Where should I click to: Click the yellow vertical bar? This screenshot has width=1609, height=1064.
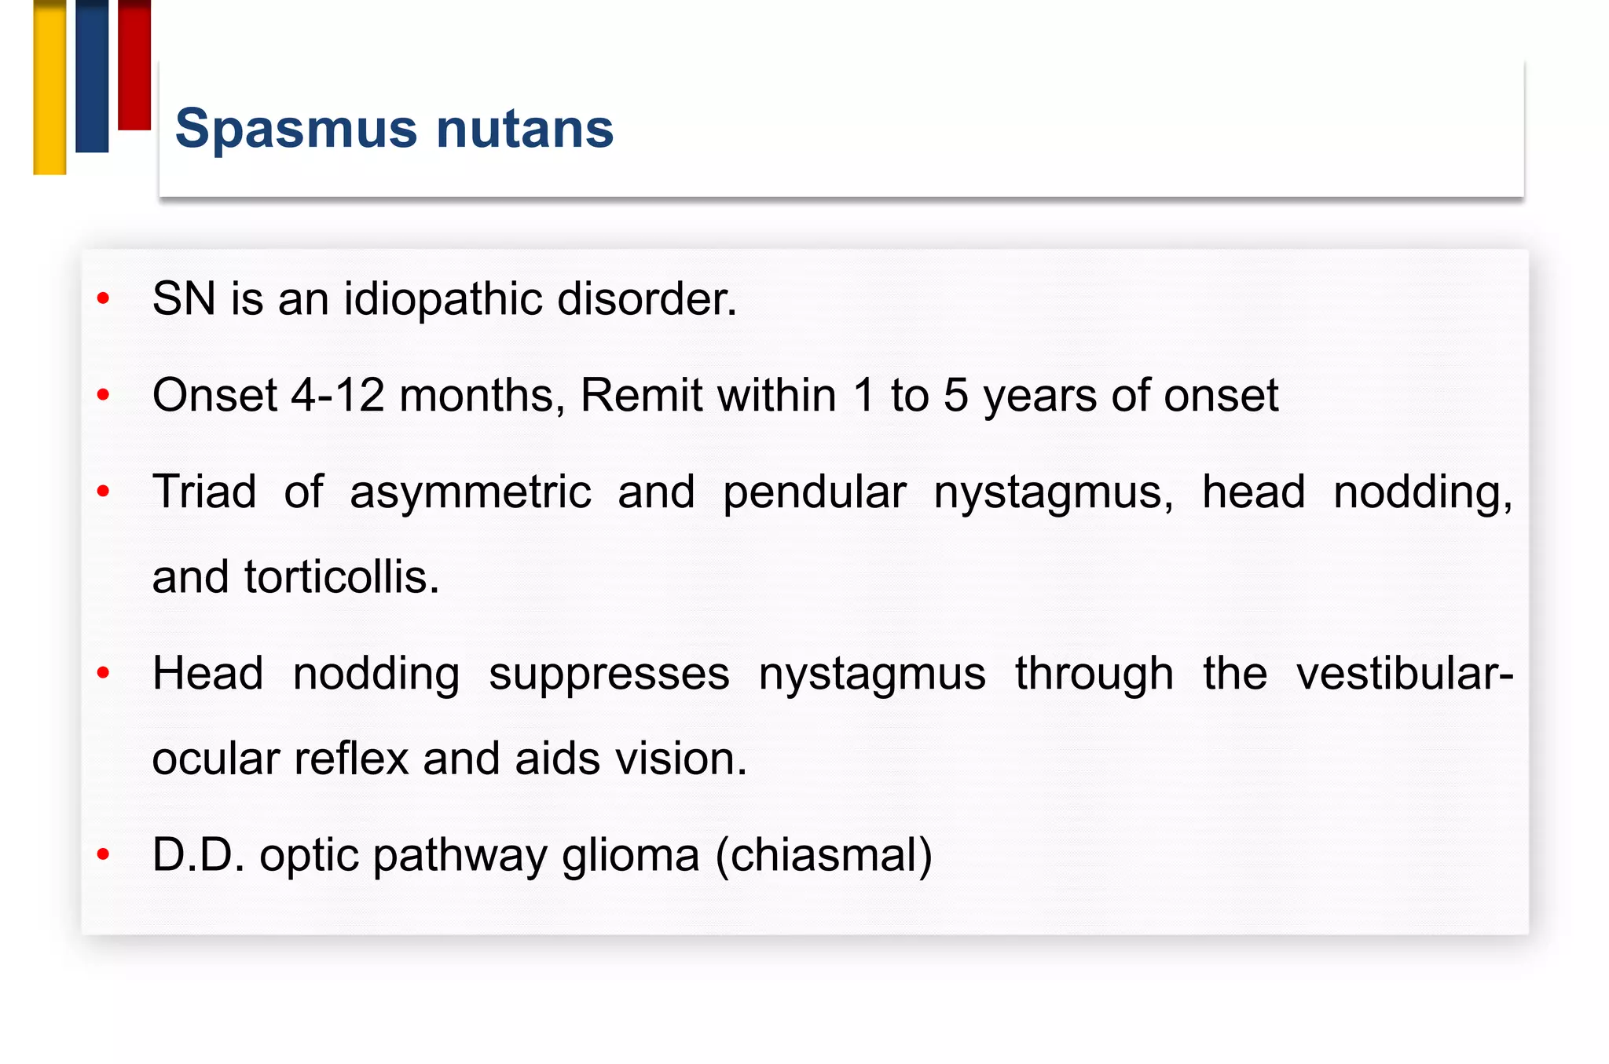tap(49, 86)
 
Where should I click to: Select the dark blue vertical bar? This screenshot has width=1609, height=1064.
tap(92, 75)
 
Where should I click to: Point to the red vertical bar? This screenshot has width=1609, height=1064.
tap(134, 64)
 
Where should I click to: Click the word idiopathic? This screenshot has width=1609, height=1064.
tap(442, 299)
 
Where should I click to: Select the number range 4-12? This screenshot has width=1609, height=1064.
tap(338, 395)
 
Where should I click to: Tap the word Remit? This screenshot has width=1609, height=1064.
tap(640, 395)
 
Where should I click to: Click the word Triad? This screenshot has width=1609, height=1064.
tap(204, 492)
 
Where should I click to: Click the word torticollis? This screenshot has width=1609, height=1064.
tap(342, 577)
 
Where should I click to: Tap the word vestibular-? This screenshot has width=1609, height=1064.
tap(1404, 674)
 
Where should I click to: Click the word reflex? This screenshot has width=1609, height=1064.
tap(351, 759)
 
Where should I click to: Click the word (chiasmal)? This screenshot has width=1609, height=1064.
tap(823, 855)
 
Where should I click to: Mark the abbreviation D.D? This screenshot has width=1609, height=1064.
tap(198, 855)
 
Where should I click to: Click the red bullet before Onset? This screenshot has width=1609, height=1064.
tap(103, 394)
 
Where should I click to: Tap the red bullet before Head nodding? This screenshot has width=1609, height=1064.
tap(103, 673)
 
